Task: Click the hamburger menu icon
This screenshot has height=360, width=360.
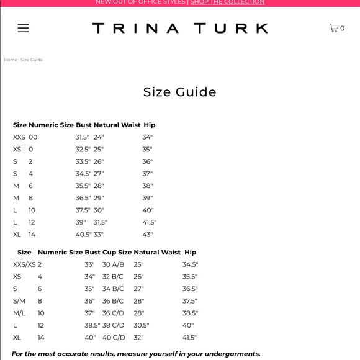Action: [x=23, y=28]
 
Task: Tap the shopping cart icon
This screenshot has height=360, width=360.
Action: [x=334, y=28]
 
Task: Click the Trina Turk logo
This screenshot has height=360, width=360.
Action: [x=180, y=28]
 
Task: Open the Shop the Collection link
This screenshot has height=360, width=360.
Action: [x=227, y=2]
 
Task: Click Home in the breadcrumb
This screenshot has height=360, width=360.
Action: [x=11, y=60]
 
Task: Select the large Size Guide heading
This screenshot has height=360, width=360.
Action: [x=180, y=92]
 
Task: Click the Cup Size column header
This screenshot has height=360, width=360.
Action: [x=117, y=253]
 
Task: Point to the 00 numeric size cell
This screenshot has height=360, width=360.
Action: [x=33, y=137]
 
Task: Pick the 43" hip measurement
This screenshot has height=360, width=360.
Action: [x=147, y=235]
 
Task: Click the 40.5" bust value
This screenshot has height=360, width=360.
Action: [x=83, y=235]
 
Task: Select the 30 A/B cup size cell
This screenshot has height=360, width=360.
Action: [x=113, y=264]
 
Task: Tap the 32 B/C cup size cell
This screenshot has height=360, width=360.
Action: [x=113, y=277]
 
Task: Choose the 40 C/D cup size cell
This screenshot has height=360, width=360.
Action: [x=113, y=338]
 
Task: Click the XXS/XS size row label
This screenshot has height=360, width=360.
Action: [x=24, y=264]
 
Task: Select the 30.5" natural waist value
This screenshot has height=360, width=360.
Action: [x=141, y=325]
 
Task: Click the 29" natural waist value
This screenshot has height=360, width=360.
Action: [x=99, y=198]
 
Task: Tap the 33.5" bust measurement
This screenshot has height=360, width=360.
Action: [x=83, y=161]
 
